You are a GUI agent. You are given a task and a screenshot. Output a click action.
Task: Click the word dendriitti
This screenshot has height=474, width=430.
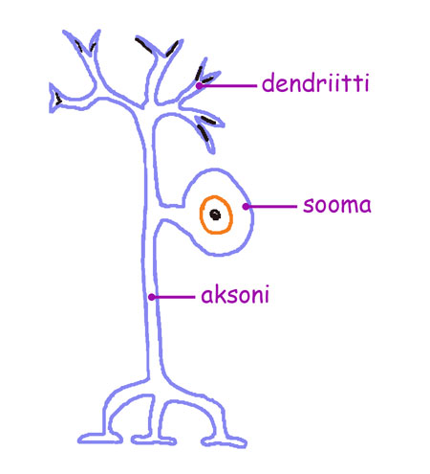(x=315, y=82)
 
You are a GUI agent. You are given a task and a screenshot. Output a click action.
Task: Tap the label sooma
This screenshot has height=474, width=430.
(x=337, y=205)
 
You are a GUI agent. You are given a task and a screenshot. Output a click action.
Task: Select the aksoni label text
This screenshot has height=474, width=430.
(x=235, y=294)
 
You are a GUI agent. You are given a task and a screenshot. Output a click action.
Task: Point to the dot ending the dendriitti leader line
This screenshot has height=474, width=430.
(x=199, y=85)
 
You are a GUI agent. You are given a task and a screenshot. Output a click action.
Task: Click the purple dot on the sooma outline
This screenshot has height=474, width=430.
(x=246, y=207)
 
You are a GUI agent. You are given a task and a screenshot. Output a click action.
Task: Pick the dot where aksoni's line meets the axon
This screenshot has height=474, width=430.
(x=152, y=297)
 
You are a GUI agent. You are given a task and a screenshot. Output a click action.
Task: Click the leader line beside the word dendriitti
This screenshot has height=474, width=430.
(x=228, y=85)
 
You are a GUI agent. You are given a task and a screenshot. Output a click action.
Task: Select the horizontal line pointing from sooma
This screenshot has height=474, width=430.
(x=271, y=207)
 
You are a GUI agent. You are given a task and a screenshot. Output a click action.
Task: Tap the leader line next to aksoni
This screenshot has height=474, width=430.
(x=174, y=297)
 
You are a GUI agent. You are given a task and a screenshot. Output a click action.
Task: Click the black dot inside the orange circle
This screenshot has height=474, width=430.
(x=215, y=214)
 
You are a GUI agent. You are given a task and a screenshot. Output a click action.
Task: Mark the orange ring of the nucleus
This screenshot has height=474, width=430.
(x=201, y=214)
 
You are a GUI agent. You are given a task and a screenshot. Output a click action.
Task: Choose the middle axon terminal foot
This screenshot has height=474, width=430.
(x=153, y=440)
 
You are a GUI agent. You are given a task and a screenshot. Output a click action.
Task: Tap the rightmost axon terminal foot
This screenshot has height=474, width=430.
(x=224, y=441)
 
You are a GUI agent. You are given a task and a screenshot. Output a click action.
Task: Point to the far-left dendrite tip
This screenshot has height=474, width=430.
(x=52, y=98)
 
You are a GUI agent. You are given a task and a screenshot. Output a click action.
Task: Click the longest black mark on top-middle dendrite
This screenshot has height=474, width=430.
(x=143, y=45)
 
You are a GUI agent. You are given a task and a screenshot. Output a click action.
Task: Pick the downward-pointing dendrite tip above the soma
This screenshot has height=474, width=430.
(x=211, y=147)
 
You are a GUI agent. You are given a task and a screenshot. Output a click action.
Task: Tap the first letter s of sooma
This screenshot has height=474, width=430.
(x=308, y=206)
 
